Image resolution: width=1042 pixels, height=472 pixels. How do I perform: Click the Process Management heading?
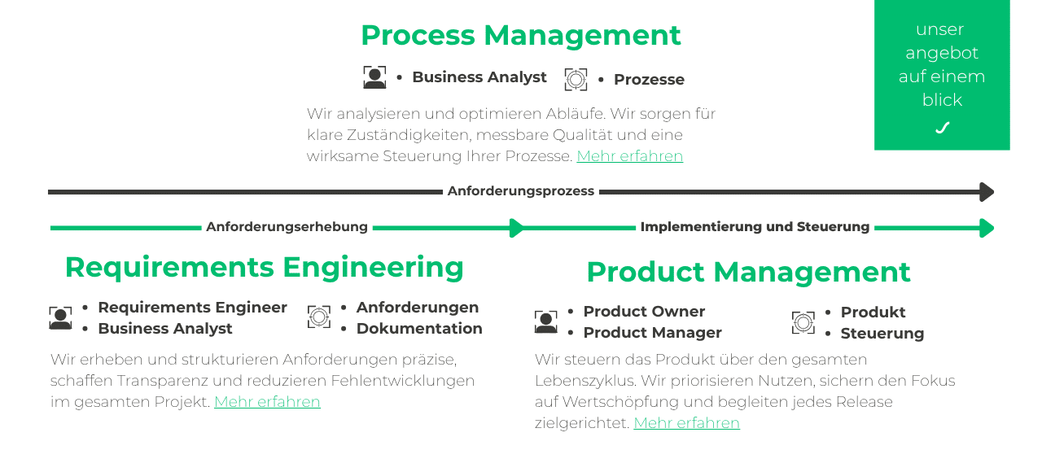pyautogui.click(x=520, y=35)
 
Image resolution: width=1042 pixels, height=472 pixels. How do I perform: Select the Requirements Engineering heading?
pyautogui.click(x=264, y=267)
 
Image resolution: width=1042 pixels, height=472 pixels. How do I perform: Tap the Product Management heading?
pyautogui.click(x=748, y=272)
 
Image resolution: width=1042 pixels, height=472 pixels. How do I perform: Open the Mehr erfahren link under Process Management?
pyautogui.click(x=629, y=155)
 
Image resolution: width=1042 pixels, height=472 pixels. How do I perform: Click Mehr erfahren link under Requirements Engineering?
pyautogui.click(x=267, y=401)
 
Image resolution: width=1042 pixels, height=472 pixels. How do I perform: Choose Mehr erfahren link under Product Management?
pyautogui.click(x=686, y=422)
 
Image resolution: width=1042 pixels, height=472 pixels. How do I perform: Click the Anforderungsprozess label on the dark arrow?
pyautogui.click(x=520, y=191)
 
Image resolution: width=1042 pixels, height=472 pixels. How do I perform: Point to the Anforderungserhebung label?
pyautogui.click(x=287, y=227)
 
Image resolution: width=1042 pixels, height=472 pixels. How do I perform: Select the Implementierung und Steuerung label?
pyautogui.click(x=755, y=227)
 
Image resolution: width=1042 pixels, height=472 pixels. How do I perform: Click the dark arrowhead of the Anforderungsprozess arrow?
pyautogui.click(x=987, y=192)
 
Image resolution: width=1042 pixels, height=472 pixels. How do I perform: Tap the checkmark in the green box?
pyautogui.click(x=942, y=128)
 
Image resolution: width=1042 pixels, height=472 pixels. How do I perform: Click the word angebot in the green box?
pyautogui.click(x=942, y=53)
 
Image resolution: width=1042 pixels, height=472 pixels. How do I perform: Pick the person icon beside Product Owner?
pyautogui.click(x=546, y=321)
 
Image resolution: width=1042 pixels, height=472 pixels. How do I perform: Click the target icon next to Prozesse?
pyautogui.click(x=576, y=79)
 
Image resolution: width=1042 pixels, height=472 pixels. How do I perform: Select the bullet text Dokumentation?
pyautogui.click(x=419, y=328)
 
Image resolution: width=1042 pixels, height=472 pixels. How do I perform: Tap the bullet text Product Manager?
pyautogui.click(x=652, y=332)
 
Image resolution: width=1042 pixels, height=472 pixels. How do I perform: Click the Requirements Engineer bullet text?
pyautogui.click(x=192, y=307)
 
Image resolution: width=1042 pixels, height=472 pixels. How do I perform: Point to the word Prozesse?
pyautogui.click(x=649, y=79)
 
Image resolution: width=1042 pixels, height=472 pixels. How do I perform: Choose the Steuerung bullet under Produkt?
pyautogui.click(x=882, y=333)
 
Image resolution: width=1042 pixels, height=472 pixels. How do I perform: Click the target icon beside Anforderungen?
pyautogui.click(x=319, y=317)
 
